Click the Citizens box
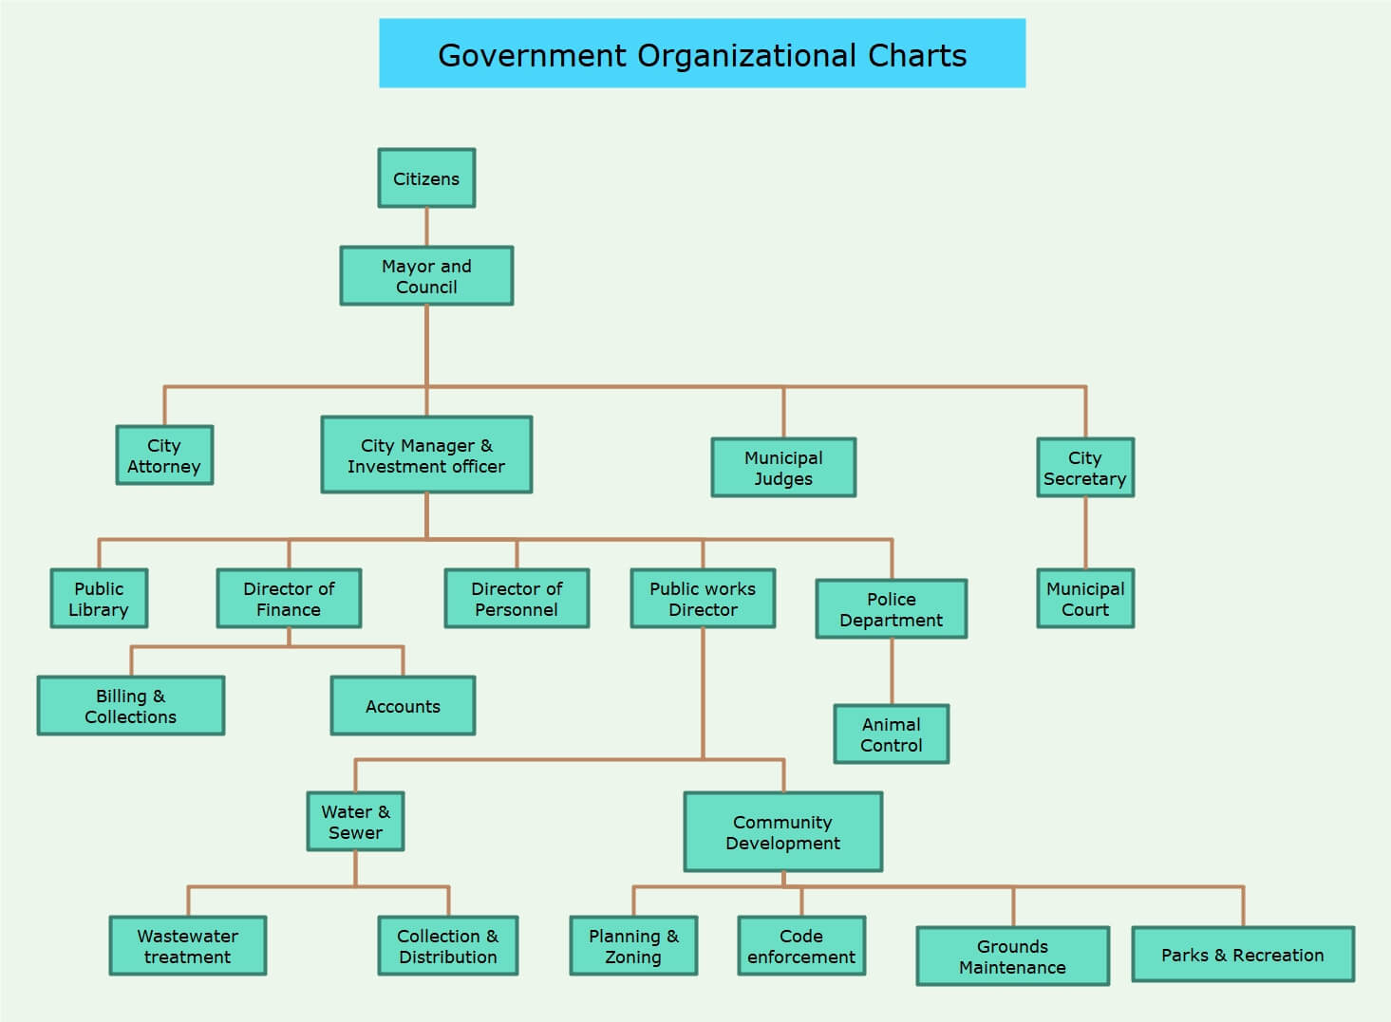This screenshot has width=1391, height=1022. tap(426, 178)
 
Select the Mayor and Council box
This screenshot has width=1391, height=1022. tap(426, 275)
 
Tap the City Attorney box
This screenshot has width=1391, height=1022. tap(164, 455)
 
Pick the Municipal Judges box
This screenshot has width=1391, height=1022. tap(783, 467)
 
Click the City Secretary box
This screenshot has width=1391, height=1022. tap(1085, 467)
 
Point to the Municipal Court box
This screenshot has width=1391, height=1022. tap(1085, 598)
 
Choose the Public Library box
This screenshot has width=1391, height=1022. tap(100, 598)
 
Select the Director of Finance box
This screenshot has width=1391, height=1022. tap(289, 598)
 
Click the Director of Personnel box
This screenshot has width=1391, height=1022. tap(517, 598)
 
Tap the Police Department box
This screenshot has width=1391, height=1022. tap(892, 608)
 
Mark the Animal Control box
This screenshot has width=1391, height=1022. tap(892, 734)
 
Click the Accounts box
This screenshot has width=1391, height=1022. tap(403, 706)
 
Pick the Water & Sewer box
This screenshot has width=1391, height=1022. tap(355, 821)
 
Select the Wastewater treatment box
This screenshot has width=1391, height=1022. tap(188, 946)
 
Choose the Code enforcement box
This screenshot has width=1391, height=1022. tap(801, 946)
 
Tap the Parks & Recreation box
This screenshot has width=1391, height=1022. tap(1243, 955)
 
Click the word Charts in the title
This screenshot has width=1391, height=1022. tap(917, 55)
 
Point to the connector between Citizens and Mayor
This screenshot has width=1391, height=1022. tap(426, 227)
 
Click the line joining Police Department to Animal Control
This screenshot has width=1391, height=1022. tap(892, 672)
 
